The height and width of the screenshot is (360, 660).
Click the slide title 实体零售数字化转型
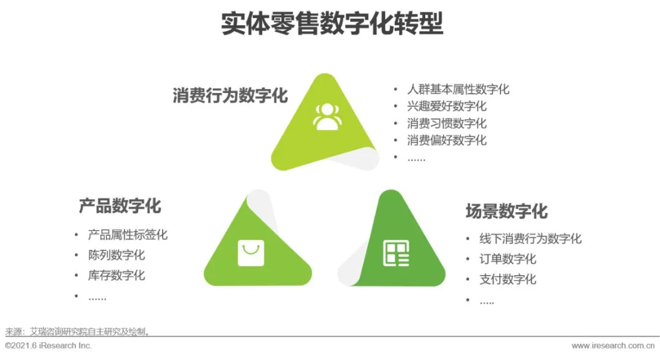(x=332, y=23)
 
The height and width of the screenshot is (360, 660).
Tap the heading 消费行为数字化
(x=230, y=95)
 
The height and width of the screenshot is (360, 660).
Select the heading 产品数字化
(x=120, y=206)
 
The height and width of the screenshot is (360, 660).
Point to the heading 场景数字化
(x=507, y=211)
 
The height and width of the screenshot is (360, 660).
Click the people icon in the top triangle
(x=326, y=117)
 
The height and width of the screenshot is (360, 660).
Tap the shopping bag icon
(x=251, y=253)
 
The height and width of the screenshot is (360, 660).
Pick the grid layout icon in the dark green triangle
(x=396, y=253)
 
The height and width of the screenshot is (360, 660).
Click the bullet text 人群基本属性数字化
(x=458, y=89)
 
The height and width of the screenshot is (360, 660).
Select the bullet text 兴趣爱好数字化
(x=447, y=106)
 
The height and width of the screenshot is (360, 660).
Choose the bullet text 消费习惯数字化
(x=447, y=123)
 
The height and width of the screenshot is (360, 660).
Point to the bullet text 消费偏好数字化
(x=447, y=140)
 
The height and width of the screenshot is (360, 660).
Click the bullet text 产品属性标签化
(x=128, y=235)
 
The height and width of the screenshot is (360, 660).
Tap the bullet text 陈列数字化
(x=117, y=255)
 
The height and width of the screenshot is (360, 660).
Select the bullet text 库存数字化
(x=117, y=276)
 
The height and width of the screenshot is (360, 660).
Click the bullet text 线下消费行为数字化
(x=531, y=239)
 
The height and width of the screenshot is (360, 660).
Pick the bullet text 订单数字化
(x=508, y=259)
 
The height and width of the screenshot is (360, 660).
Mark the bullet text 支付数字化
(x=508, y=279)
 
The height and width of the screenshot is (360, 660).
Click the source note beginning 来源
(x=78, y=332)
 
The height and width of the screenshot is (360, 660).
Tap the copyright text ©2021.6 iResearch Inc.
(x=48, y=346)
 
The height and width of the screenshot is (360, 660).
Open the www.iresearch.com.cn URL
(x=614, y=346)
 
